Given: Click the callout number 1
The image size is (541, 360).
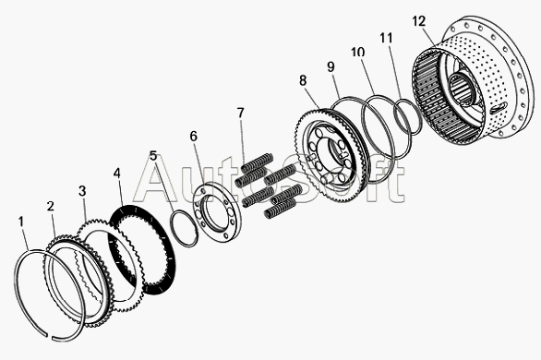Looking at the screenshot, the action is tap(21, 222).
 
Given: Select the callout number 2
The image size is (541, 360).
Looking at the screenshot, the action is tap(51, 206).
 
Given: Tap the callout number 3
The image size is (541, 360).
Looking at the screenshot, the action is tap(82, 191).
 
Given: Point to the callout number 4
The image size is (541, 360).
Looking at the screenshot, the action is tap(117, 174).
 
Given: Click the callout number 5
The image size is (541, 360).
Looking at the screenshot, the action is tap(153, 155).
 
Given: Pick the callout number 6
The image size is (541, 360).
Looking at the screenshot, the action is tap(194, 137).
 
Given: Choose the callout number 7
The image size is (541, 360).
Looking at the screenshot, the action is tap(240, 113).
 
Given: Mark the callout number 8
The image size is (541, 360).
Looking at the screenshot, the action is tap(303, 80).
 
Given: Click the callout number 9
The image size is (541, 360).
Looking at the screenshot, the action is tap(331, 66).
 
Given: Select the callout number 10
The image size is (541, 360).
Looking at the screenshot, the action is tap(358, 52).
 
